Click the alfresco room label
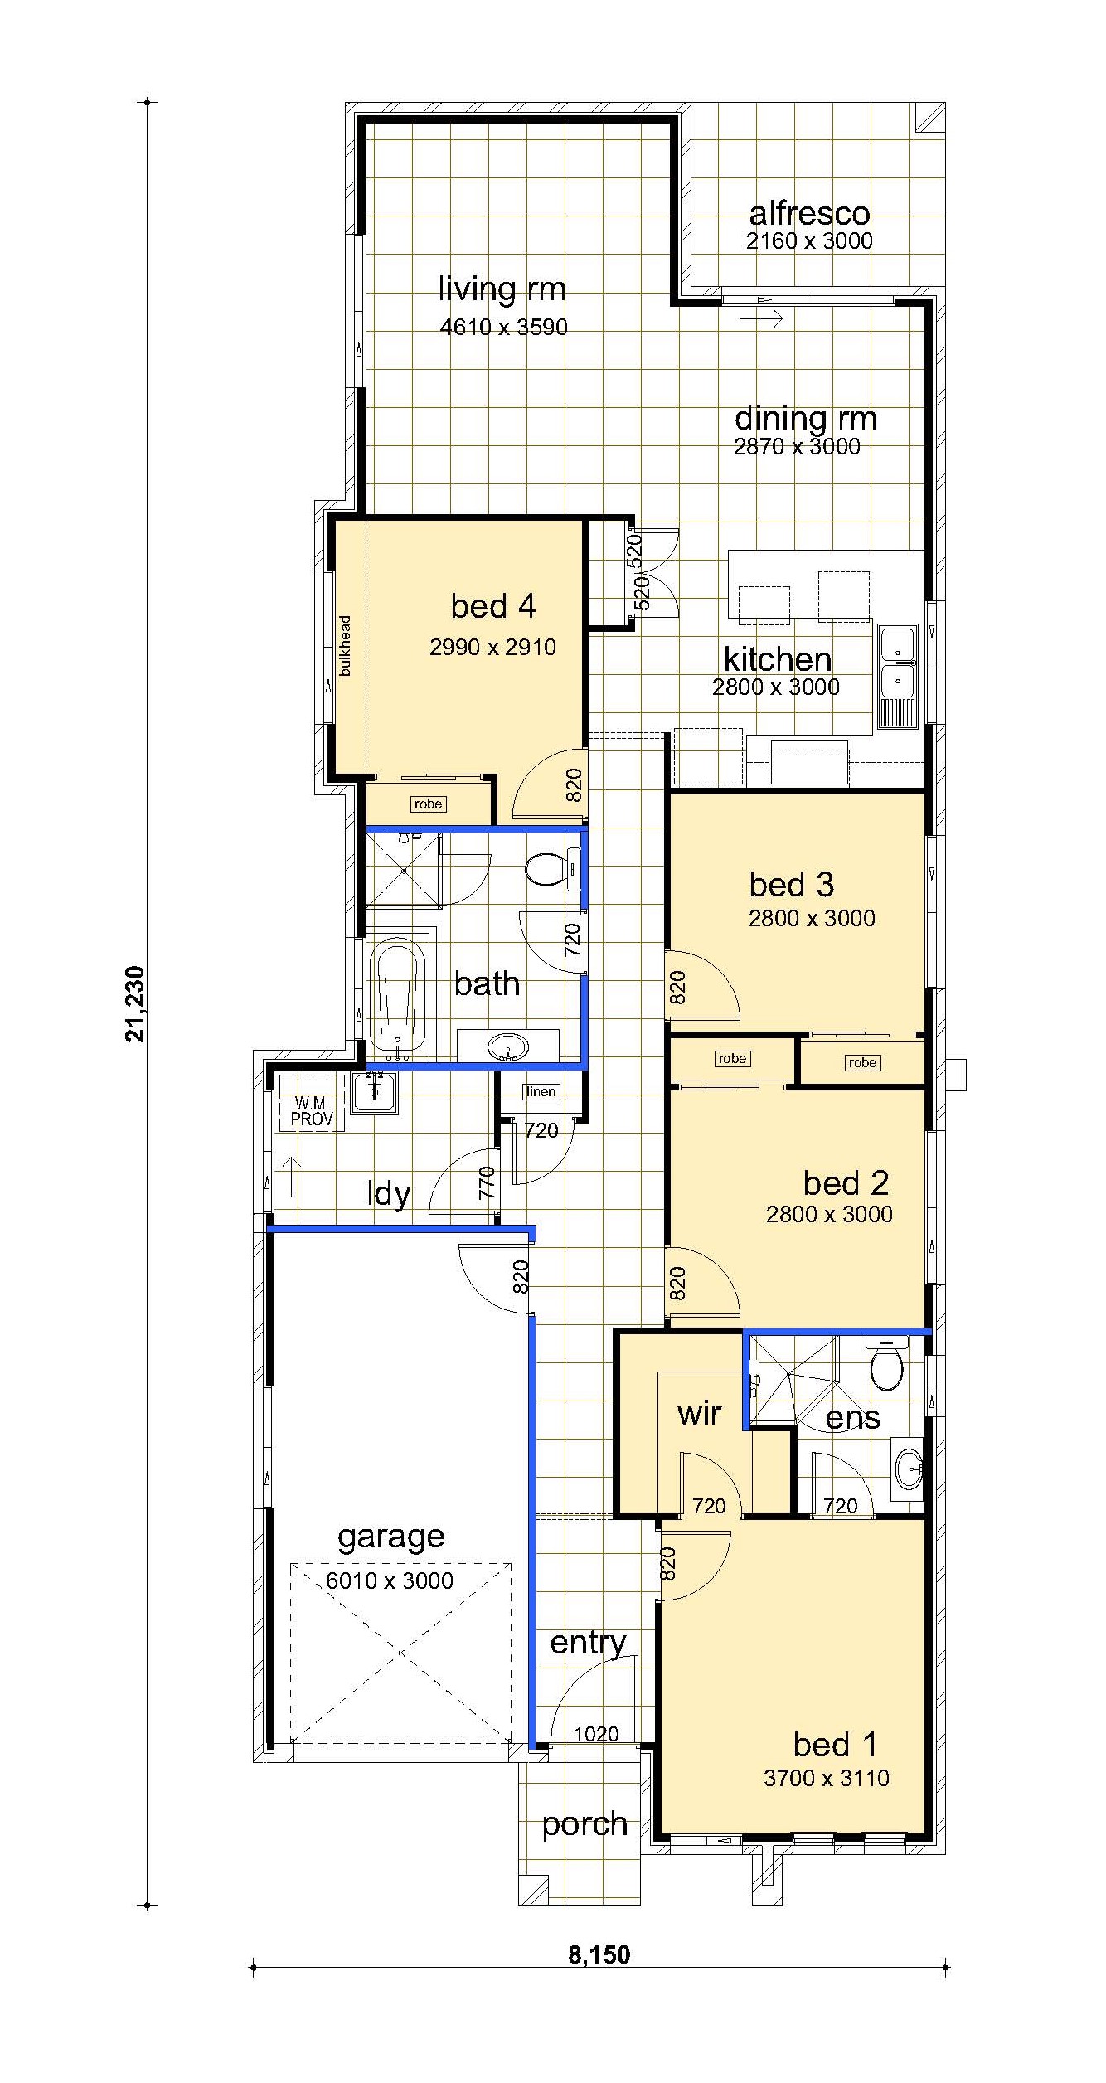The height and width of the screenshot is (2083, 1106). pyautogui.click(x=809, y=214)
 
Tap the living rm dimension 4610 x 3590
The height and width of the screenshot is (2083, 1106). pyautogui.click(x=504, y=327)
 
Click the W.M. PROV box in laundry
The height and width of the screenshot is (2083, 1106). pyautogui.click(x=312, y=1111)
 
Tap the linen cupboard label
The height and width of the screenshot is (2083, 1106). pyautogui.click(x=541, y=1091)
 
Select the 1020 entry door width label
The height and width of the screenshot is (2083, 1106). pyautogui.click(x=596, y=1750)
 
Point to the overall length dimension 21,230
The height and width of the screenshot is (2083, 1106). pyautogui.click(x=134, y=1003)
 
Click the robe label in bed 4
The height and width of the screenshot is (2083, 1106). pyautogui.click(x=428, y=804)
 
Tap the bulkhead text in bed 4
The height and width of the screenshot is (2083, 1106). pyautogui.click(x=345, y=645)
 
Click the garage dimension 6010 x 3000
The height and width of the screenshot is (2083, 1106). pyautogui.click(x=390, y=1580)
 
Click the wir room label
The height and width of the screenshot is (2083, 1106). pyautogui.click(x=699, y=1413)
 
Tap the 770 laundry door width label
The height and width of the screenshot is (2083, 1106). pyautogui.click(x=487, y=1182)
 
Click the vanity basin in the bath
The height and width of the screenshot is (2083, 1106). pyautogui.click(x=508, y=1046)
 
